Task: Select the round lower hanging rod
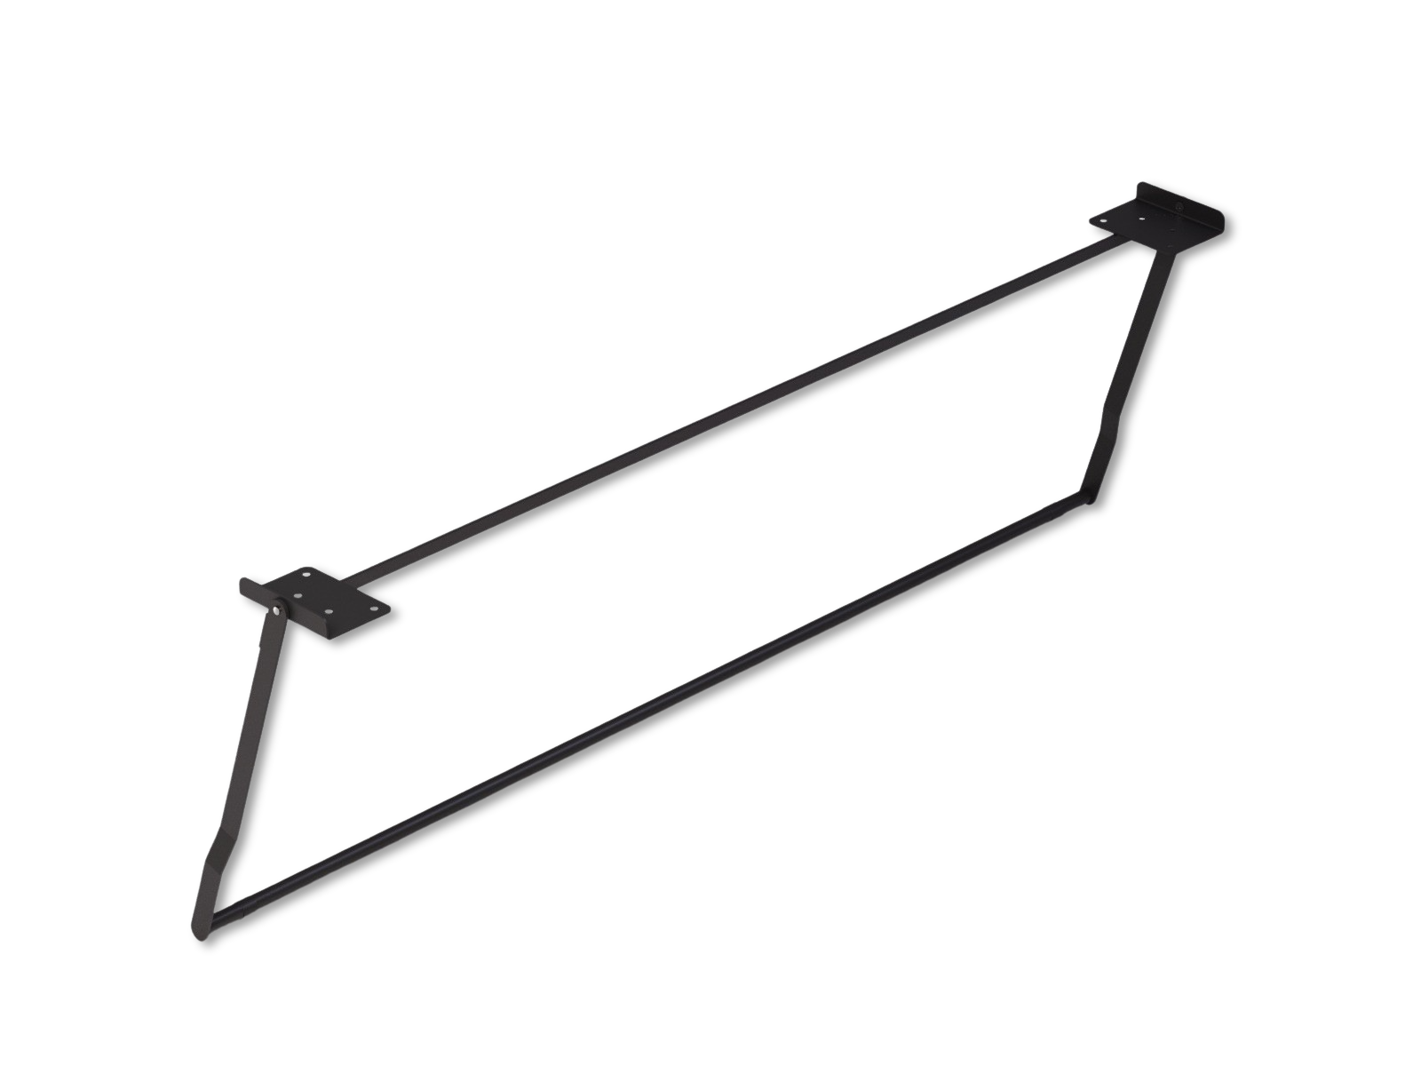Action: coord(648,711)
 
